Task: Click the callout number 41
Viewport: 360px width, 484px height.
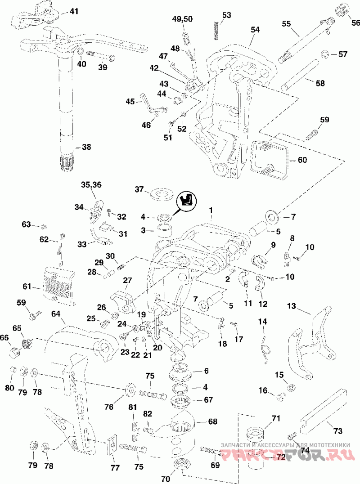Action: coord(74,11)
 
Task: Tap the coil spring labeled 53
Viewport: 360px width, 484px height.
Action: coord(217,30)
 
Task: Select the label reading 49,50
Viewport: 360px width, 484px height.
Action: coord(182,19)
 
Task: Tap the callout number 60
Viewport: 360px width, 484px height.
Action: coord(302,160)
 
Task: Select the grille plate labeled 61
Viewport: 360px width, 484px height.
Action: coord(59,285)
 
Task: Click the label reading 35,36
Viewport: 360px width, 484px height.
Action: coord(91,185)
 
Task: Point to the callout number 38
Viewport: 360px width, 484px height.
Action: coord(86,147)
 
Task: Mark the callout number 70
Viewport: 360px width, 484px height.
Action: coord(166,479)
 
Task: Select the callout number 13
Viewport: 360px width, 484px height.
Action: coord(292,306)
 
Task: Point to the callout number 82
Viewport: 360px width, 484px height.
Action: coord(148,414)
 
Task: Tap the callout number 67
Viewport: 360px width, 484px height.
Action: coord(208,400)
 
